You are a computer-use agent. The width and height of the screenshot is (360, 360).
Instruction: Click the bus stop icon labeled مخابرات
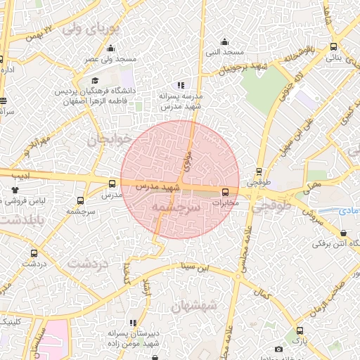(x=226, y=192)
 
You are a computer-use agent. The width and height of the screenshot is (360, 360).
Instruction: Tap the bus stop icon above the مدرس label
(x=112, y=184)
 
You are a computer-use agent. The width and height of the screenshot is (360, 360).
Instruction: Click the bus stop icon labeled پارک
(x=300, y=330)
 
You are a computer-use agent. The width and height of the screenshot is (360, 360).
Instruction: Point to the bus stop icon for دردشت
(x=33, y=252)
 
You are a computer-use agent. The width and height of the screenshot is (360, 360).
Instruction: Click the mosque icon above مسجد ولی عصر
(x=111, y=50)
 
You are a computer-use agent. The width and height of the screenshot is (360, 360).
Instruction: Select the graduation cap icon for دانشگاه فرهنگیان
(x=96, y=79)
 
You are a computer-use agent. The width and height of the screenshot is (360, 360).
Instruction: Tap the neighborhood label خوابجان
(x=109, y=140)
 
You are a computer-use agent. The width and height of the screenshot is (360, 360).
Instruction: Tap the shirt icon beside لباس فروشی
(x=15, y=189)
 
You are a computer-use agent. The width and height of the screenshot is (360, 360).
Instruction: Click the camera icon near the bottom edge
(x=279, y=349)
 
